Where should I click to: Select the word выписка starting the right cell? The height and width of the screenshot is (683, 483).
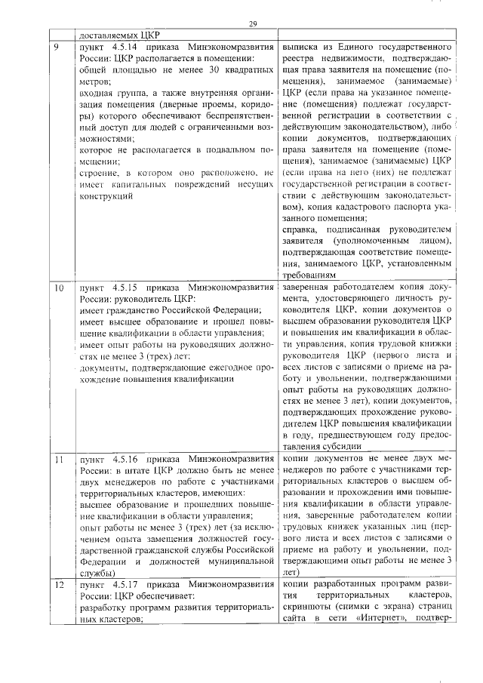click(300, 47)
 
